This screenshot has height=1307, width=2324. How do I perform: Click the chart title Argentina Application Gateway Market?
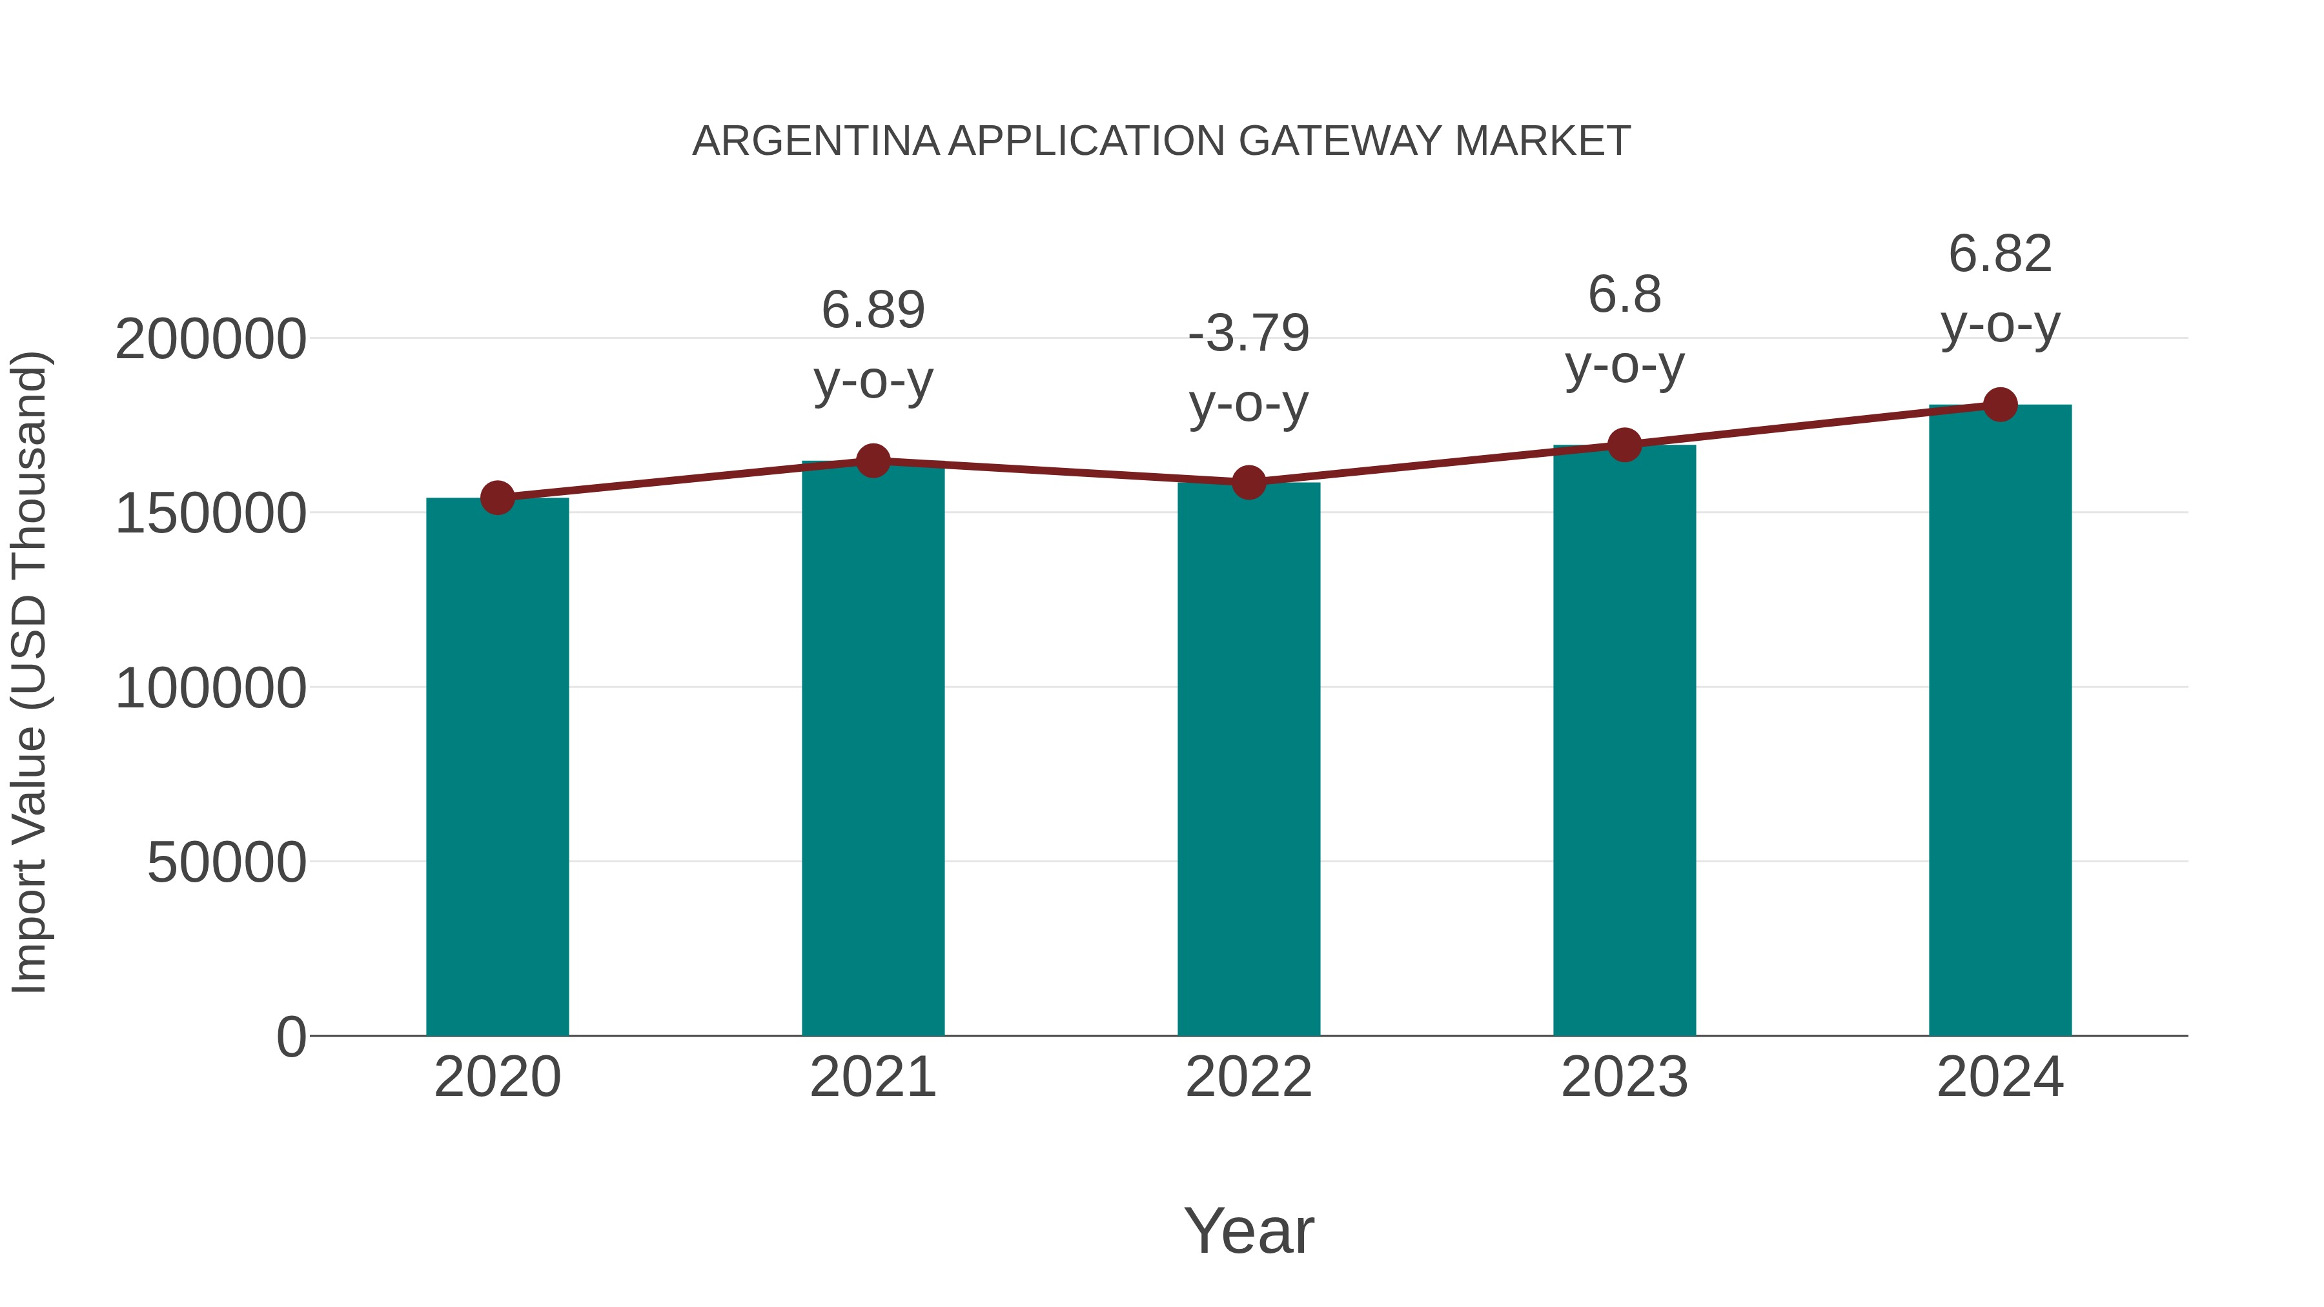[1161, 141]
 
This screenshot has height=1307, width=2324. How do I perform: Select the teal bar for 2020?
[497, 767]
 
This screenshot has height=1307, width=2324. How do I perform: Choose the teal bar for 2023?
[1624, 740]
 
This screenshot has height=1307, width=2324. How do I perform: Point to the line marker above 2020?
[497, 498]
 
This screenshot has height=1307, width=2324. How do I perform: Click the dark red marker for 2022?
[1249, 483]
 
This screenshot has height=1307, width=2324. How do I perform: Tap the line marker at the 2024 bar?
[2000, 405]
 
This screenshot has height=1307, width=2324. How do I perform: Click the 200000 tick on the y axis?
[210, 340]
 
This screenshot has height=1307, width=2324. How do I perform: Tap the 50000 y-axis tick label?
[227, 863]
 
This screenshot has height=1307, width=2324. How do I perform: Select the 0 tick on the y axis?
[290, 1037]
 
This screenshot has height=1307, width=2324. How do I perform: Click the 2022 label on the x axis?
[1249, 1078]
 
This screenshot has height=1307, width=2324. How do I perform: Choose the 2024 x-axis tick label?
[2000, 1078]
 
